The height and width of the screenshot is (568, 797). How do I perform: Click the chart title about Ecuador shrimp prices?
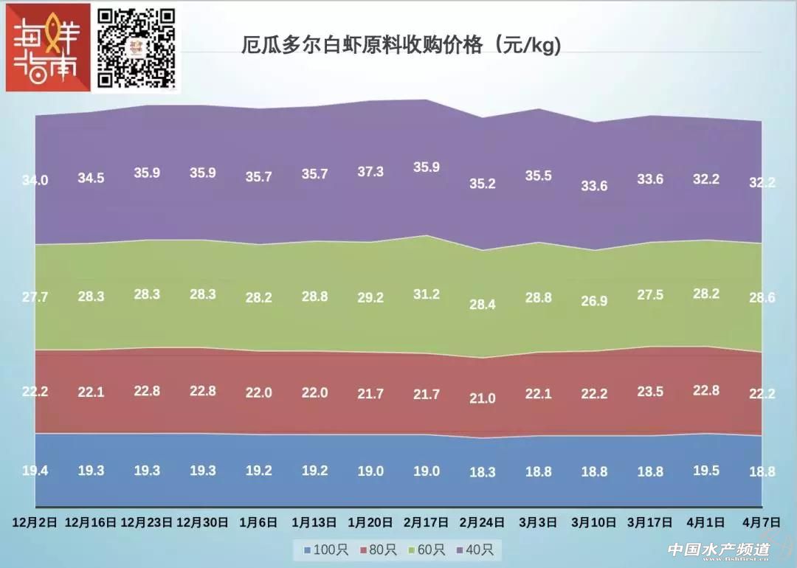pyautogui.click(x=401, y=46)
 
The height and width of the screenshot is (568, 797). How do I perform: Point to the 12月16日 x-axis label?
pyautogui.click(x=91, y=522)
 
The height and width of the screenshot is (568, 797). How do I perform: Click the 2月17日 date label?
pyautogui.click(x=427, y=522)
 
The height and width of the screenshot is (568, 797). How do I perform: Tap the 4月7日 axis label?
pyautogui.click(x=762, y=522)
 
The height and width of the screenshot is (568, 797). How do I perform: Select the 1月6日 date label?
pyautogui.click(x=258, y=522)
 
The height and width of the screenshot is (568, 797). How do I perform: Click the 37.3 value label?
pyautogui.click(x=370, y=171)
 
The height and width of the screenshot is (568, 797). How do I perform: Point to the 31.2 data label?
pyautogui.click(x=427, y=294)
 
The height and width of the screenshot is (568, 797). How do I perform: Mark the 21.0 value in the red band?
pyautogui.click(x=483, y=398)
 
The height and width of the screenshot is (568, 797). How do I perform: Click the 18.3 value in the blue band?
pyautogui.click(x=483, y=473)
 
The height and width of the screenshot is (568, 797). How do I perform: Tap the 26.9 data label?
pyautogui.click(x=594, y=300)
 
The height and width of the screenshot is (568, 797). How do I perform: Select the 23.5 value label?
pyautogui.click(x=650, y=392)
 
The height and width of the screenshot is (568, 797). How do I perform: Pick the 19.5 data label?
pyautogui.click(x=706, y=471)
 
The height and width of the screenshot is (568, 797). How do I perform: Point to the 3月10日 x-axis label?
pyautogui.click(x=594, y=522)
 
